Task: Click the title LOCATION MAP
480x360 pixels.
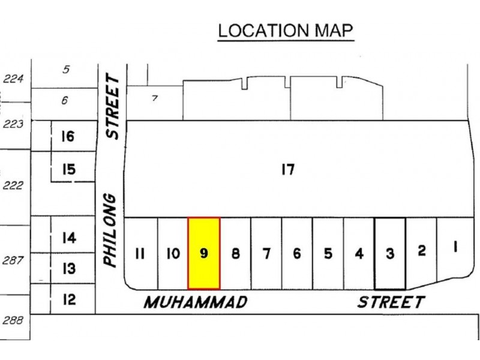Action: click(x=285, y=31)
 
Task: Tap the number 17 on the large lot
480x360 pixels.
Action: click(x=287, y=170)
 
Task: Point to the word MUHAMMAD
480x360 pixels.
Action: click(x=195, y=302)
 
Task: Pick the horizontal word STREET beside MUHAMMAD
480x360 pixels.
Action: click(x=390, y=302)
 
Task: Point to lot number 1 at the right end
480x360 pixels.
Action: click(x=454, y=246)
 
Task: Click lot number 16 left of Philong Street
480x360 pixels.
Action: click(x=67, y=137)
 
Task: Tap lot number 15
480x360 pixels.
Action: click(x=68, y=170)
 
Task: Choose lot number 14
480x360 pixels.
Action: click(x=69, y=238)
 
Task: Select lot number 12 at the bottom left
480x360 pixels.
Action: click(x=70, y=298)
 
